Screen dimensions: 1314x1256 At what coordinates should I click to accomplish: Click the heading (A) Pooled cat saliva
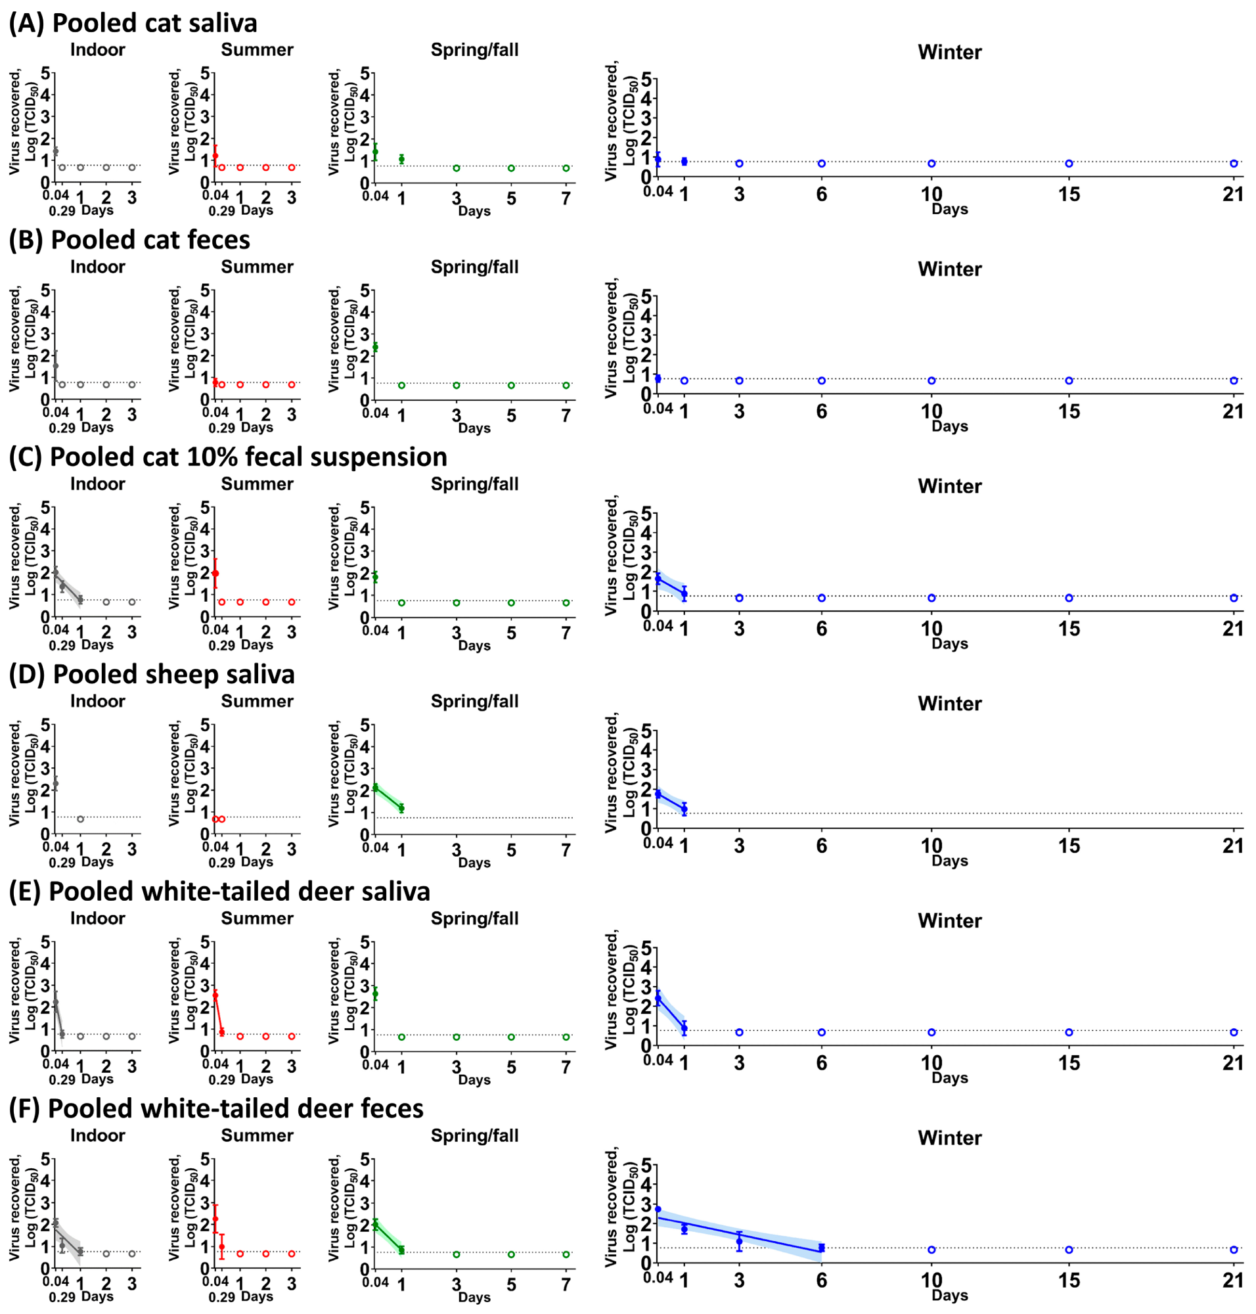(x=133, y=23)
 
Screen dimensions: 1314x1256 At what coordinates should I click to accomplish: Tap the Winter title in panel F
(x=949, y=1137)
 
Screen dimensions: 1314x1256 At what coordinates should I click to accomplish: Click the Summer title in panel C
(x=257, y=484)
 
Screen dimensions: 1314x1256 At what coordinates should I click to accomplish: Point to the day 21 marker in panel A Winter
(x=1233, y=164)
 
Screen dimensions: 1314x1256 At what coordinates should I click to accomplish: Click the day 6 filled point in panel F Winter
(x=822, y=1248)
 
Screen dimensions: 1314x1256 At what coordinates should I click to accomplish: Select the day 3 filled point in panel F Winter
(x=739, y=1241)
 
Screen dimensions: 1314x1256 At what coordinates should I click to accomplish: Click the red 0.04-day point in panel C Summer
(x=215, y=574)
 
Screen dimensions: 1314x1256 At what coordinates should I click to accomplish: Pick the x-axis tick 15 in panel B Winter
(x=1069, y=411)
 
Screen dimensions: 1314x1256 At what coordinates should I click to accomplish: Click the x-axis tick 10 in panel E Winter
(x=931, y=1063)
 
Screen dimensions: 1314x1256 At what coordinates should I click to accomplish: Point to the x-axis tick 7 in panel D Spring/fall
(x=566, y=850)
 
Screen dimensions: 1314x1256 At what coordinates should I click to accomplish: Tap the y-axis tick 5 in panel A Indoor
(x=45, y=73)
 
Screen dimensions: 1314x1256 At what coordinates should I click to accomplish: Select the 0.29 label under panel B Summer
(x=221, y=428)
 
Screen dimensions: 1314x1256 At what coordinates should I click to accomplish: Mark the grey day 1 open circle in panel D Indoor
(x=80, y=819)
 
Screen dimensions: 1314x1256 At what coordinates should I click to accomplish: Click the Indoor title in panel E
(x=98, y=918)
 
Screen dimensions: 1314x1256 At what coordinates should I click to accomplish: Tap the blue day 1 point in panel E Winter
(x=684, y=1028)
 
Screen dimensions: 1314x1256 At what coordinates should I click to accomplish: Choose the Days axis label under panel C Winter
(x=949, y=644)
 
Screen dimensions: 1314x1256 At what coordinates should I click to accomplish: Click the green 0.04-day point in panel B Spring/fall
(x=375, y=347)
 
